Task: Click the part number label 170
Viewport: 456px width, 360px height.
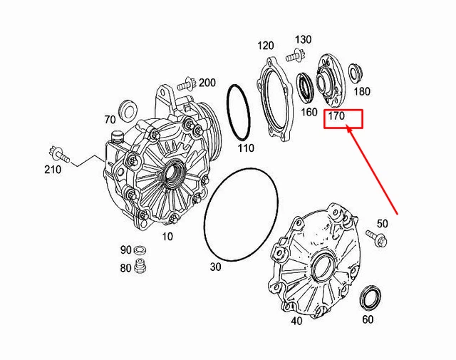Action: [336, 116]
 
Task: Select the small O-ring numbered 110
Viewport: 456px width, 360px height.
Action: [239, 113]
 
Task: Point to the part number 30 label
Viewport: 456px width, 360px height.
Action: [215, 267]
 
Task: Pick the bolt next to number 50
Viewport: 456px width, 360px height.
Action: [376, 239]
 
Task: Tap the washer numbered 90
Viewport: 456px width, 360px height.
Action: [140, 250]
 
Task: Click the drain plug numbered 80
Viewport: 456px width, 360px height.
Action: [140, 265]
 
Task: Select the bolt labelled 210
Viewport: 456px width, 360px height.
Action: [58, 154]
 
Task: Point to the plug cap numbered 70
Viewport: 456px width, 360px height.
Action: [128, 110]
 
